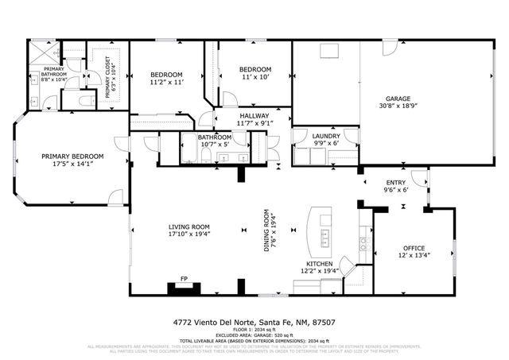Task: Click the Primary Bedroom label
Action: pyautogui.click(x=72, y=157)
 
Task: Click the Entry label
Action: pyautogui.click(x=395, y=182)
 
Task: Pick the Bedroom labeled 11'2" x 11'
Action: pyautogui.click(x=167, y=78)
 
